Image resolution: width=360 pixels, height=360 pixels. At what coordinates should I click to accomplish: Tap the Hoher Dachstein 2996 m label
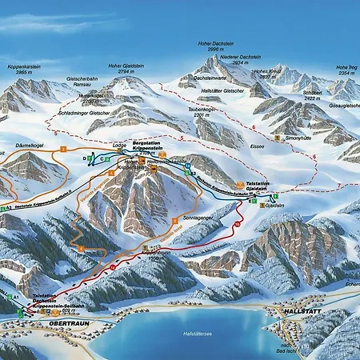213,46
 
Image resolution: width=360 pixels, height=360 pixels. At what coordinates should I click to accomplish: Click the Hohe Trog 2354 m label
345,70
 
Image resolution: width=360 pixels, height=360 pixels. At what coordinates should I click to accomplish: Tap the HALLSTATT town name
301,309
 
